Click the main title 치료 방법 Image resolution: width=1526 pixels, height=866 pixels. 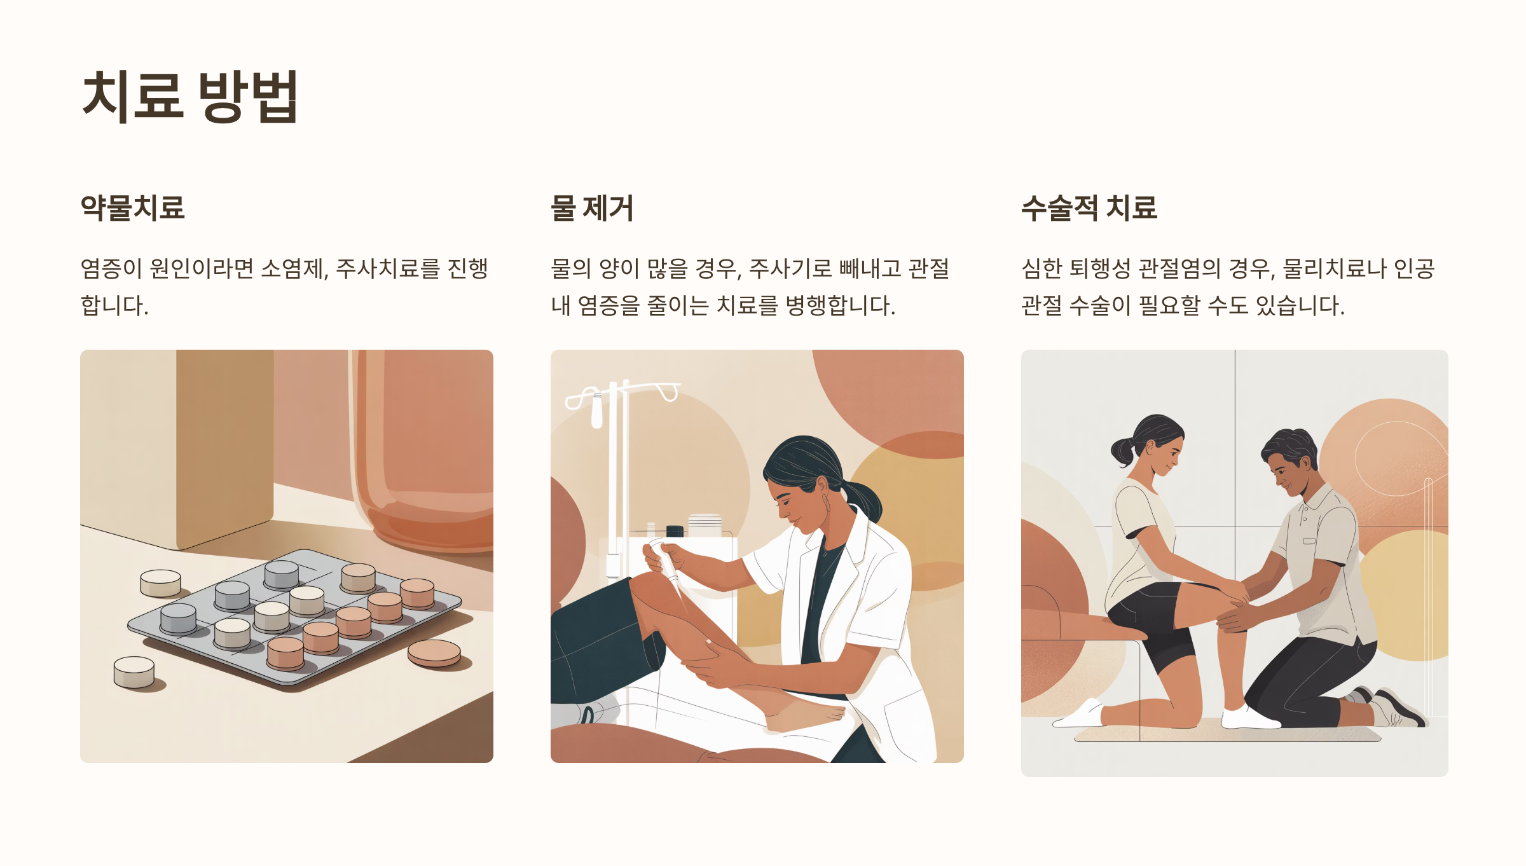coord(190,96)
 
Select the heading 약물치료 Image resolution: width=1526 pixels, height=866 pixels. coord(132,208)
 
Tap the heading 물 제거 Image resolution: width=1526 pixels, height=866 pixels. coord(592,208)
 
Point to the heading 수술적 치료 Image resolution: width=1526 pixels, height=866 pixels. coord(1089,208)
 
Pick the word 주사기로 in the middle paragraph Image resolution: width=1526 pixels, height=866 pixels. coord(790,268)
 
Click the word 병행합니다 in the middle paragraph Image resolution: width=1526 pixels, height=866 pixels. coord(840,305)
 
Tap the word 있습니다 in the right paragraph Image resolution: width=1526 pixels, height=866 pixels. coord(1300,305)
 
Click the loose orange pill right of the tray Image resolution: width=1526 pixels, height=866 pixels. coord(434,653)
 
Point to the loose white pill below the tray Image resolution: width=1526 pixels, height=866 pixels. coord(134,672)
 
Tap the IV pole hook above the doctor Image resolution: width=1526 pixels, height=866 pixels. coord(667,391)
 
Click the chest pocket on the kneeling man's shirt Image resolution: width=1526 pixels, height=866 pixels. coord(1310,542)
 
